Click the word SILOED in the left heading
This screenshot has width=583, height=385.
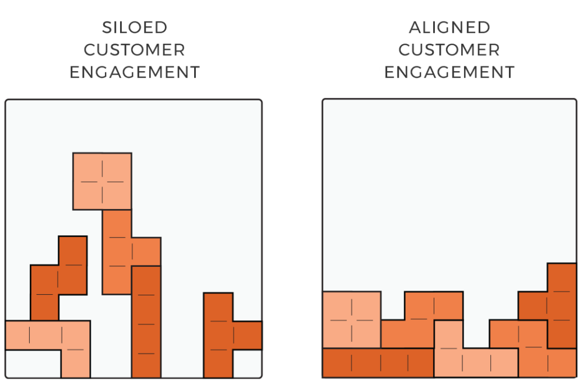[x=134, y=27]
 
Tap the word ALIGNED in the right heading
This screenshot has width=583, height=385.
[x=449, y=27]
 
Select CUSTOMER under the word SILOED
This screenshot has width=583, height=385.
[x=134, y=50]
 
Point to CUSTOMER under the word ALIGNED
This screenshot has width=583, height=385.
[x=449, y=50]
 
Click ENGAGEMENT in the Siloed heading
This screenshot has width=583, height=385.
[x=134, y=72]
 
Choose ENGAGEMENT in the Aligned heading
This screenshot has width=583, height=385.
[x=449, y=72]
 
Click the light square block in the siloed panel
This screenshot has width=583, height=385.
[x=102, y=181]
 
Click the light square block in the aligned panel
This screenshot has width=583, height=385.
[x=352, y=319]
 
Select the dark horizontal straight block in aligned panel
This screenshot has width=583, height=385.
[x=378, y=363]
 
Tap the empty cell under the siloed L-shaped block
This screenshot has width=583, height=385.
[x=33, y=364]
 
